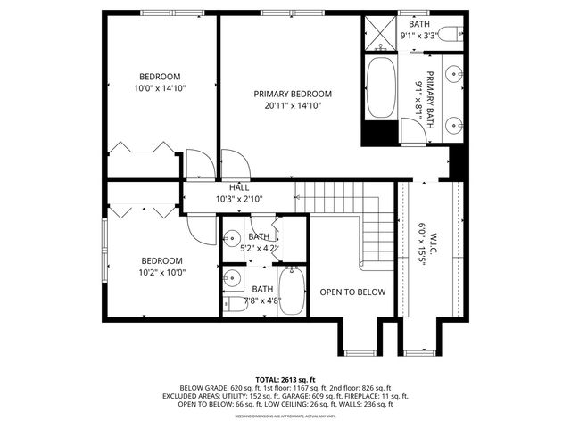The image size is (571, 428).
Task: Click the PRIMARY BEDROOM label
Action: [293, 94]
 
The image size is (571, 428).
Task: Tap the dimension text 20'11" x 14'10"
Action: [293, 105]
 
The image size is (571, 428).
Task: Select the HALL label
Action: [239, 187]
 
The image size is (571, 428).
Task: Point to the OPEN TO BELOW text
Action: [352, 292]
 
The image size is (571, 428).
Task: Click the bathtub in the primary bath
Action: [379, 88]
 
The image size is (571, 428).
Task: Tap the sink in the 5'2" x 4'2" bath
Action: [231, 239]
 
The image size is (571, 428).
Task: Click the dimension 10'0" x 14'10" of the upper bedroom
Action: [160, 88]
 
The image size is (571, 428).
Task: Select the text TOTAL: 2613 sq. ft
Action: [285, 379]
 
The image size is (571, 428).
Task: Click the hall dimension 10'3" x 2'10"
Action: [239, 199]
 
